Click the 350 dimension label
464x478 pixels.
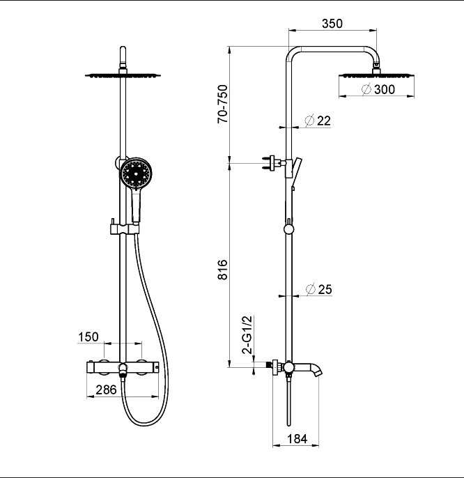[332, 24]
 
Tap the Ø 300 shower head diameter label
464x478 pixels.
[378, 89]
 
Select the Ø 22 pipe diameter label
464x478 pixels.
[318, 121]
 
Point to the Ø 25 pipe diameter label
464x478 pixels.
[318, 289]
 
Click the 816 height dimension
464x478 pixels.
[223, 270]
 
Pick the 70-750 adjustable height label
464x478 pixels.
[222, 104]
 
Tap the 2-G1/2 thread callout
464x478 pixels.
[247, 334]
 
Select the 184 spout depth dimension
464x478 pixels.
[297, 439]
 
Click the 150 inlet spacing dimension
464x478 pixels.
[88, 337]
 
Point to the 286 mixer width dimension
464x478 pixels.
[106, 390]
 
